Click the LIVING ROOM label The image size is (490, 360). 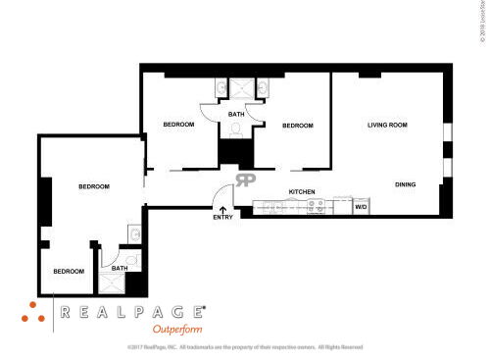[387, 125]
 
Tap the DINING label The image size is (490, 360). [406, 184]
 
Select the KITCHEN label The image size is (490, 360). [301, 191]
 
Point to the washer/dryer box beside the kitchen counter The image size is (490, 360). [361, 207]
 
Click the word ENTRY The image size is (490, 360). [222, 218]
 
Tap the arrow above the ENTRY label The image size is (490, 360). [222, 208]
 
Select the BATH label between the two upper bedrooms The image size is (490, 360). [236, 115]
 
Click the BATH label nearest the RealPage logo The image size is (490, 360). [119, 268]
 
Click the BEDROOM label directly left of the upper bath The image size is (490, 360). [178, 125]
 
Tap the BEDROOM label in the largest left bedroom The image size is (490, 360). [94, 186]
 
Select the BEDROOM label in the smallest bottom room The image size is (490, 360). [69, 271]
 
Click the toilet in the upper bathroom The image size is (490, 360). [236, 128]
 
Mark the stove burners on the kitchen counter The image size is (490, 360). [317, 207]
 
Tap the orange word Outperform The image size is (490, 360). [177, 329]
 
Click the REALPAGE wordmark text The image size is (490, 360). [132, 312]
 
